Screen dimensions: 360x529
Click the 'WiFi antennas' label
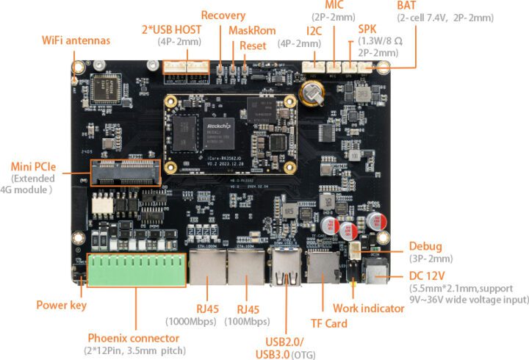pos(76,40)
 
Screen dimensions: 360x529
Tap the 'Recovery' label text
pos(223,15)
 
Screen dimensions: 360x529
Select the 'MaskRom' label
pos(252,31)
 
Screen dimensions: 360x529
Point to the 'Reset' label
pos(253,46)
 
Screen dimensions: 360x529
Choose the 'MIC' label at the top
pos(336,5)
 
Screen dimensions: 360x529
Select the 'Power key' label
pos(61,305)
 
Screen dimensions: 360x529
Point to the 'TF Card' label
pos(328,323)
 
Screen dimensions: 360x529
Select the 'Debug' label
pos(426,246)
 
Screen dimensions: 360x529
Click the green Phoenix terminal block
pos(136,270)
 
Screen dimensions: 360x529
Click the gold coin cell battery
pos(314,92)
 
